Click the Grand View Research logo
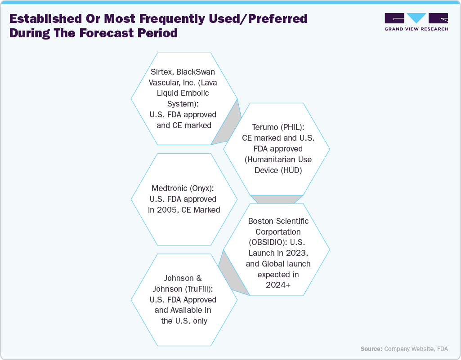point(416,22)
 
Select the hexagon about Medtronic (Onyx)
point(184,199)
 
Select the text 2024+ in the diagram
point(278,285)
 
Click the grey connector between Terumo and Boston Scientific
point(277,199)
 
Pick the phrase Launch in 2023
point(278,253)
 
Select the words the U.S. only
point(184,321)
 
